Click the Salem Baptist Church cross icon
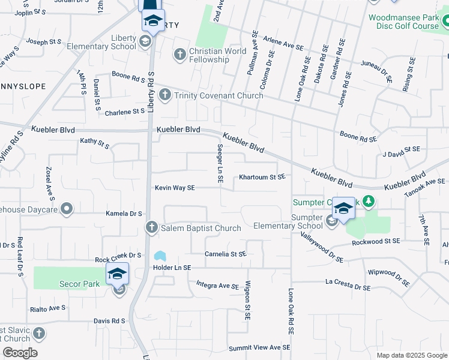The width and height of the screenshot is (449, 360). tap(151, 227)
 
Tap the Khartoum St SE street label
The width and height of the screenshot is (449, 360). tap(261, 177)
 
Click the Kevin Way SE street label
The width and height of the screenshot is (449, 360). tap(175, 188)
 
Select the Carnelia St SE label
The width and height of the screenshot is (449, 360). tap(226, 254)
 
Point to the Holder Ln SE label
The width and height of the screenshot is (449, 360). tap(172, 268)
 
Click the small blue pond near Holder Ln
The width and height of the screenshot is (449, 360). tap(160, 256)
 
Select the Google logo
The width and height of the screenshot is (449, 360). tap(20, 353)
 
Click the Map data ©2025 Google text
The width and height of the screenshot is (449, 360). tap(411, 355)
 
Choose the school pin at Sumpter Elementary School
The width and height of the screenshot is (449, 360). tap(344, 209)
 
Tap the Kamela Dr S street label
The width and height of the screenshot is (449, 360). tap(124, 214)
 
